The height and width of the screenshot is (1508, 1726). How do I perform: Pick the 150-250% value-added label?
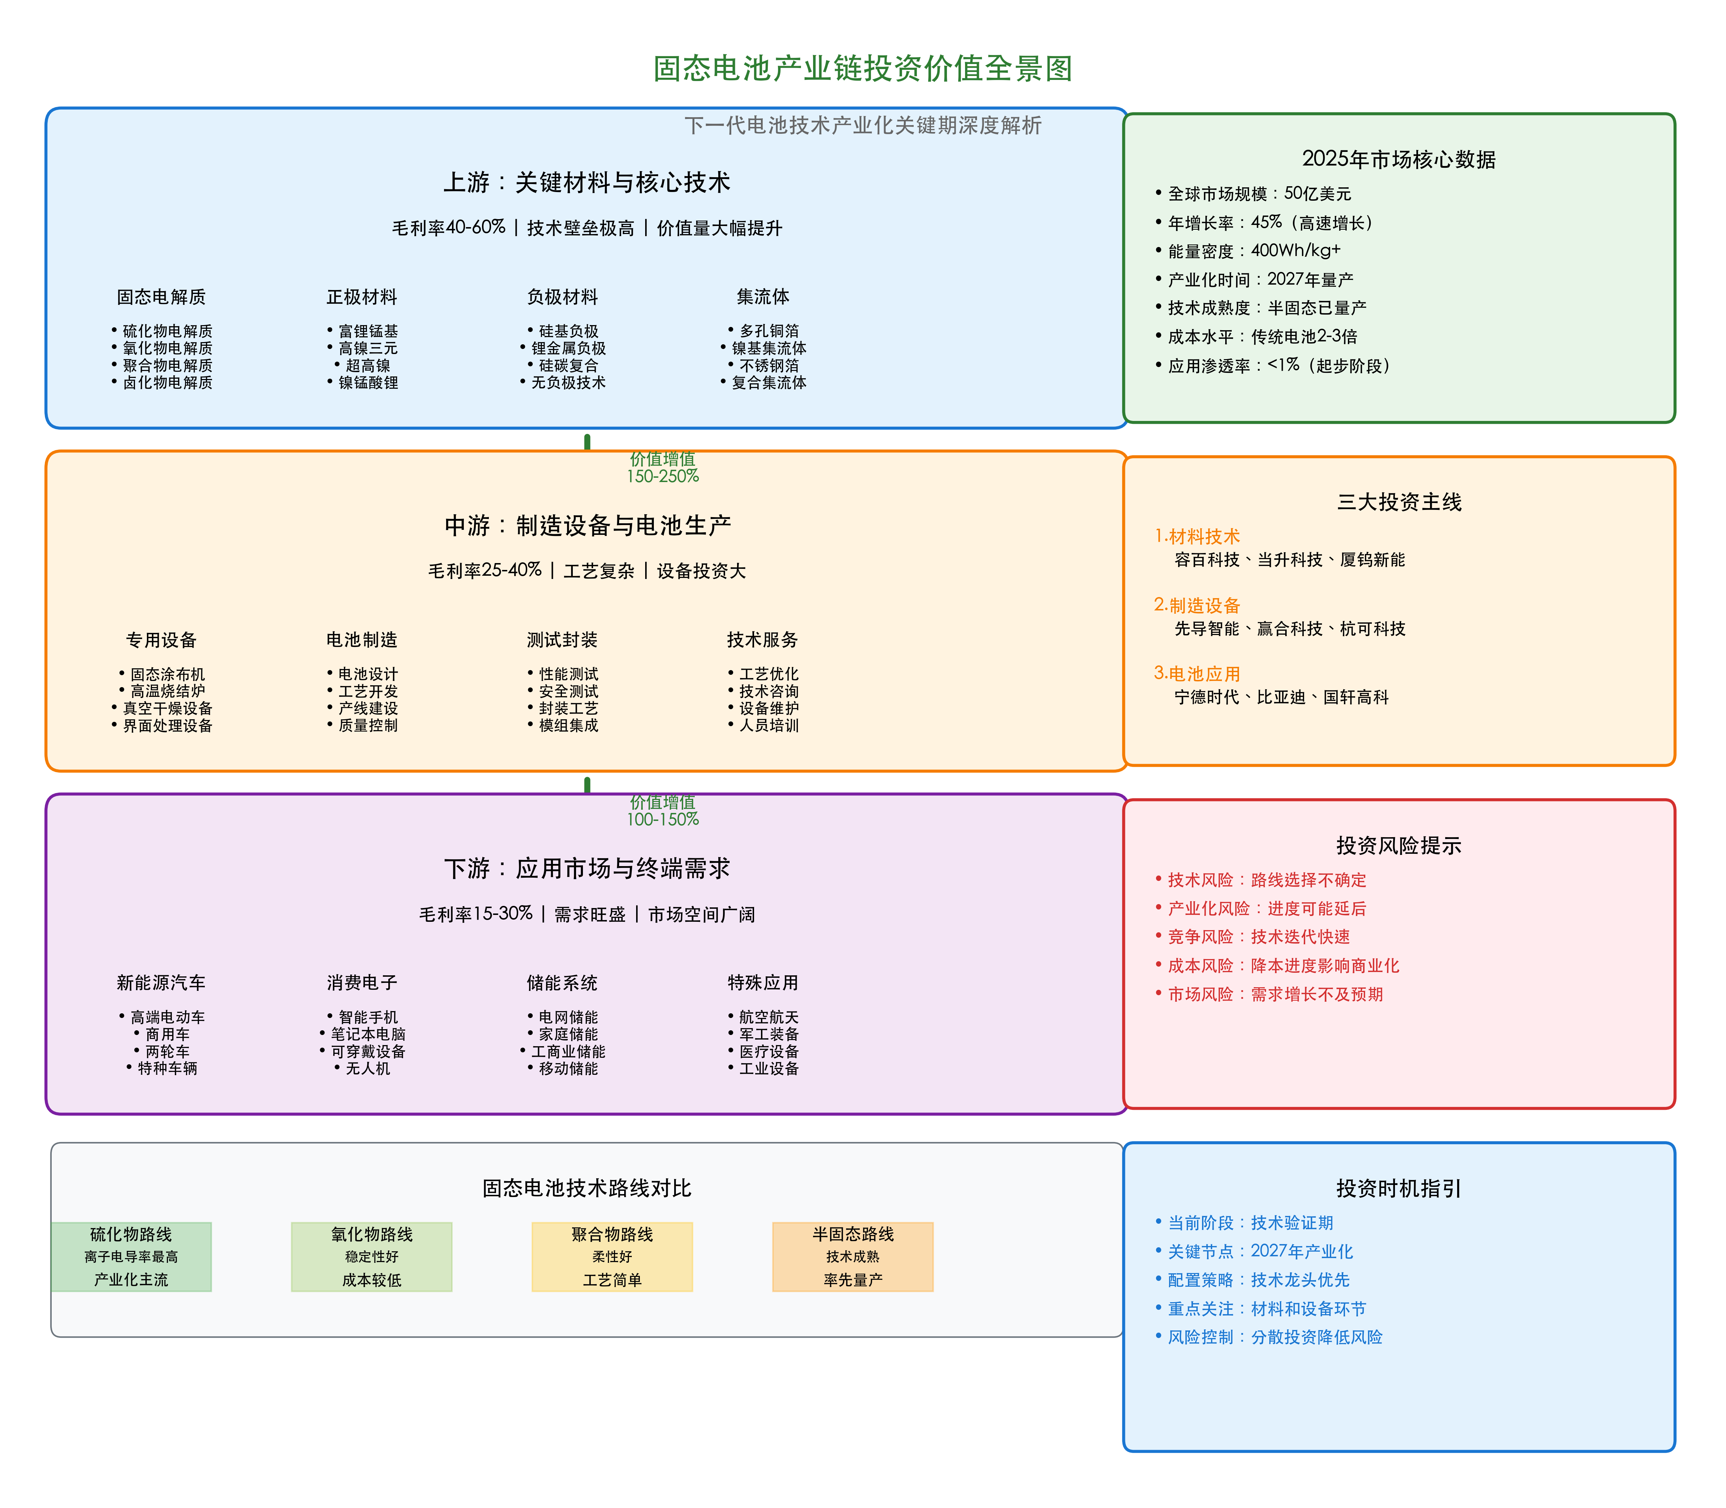pyautogui.click(x=663, y=476)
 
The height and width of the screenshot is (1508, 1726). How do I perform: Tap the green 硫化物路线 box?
pyautogui.click(x=131, y=1256)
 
